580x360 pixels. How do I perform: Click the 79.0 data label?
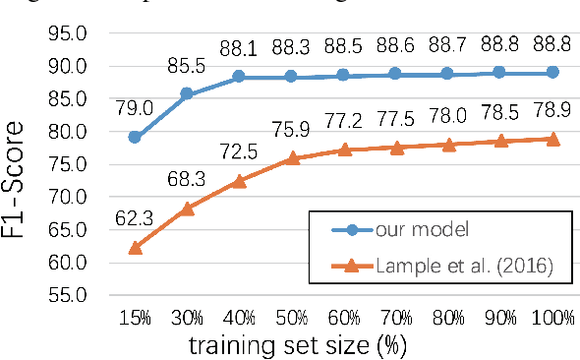(135, 106)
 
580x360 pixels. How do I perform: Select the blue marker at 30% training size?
(187, 94)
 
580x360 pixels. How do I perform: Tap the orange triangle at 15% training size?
(135, 247)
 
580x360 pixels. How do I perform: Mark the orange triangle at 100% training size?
(552, 139)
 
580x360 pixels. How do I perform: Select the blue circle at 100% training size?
(552, 73)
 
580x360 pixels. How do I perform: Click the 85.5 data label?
(187, 68)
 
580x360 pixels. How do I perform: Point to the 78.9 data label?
(552, 111)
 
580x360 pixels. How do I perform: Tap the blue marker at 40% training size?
(239, 77)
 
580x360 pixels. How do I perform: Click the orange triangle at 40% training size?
(239, 180)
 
